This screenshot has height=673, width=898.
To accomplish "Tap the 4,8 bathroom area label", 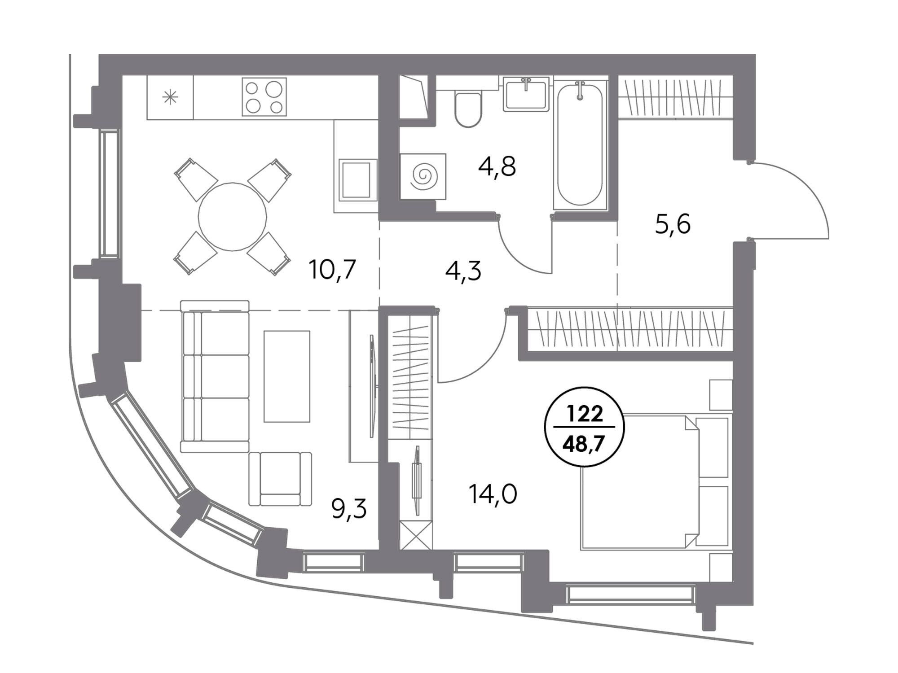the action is pyautogui.click(x=497, y=166).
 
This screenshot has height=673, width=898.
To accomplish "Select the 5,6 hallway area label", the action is pyautogui.click(x=673, y=224).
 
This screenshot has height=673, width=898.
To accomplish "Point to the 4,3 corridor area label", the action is pyautogui.click(x=463, y=271).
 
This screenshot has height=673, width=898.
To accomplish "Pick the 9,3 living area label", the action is pyautogui.click(x=349, y=509).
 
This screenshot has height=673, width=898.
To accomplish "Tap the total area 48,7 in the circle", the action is pyautogui.click(x=585, y=446).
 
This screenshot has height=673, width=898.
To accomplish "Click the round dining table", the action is pyautogui.click(x=233, y=217).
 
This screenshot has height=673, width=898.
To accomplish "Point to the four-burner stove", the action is pyautogui.click(x=264, y=97).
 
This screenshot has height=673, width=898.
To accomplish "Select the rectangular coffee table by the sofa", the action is pyautogui.click(x=287, y=376).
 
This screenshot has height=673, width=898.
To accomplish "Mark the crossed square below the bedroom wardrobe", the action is pyautogui.click(x=416, y=535).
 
